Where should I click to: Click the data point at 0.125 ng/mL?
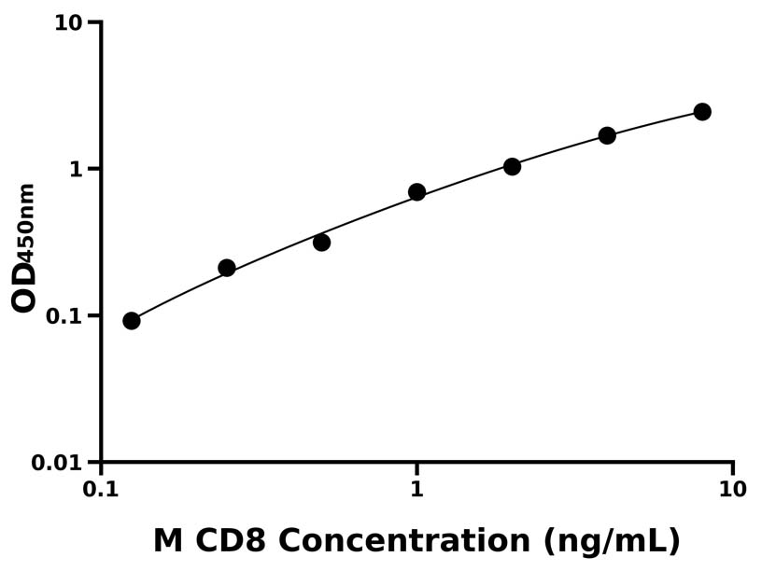tap(132, 321)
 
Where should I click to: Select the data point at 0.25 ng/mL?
tap(227, 268)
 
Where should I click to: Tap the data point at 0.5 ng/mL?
tap(322, 243)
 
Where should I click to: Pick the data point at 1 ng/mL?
tap(417, 192)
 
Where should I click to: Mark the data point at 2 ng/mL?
tap(513, 167)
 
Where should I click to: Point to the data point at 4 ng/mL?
tap(608, 135)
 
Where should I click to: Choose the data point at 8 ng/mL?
tap(702, 112)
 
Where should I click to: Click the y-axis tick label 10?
tap(68, 22)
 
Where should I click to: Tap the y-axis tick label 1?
tap(77, 169)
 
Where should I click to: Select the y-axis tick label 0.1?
tap(64, 316)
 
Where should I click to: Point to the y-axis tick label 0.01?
tap(58, 463)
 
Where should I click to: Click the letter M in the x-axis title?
tap(168, 540)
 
